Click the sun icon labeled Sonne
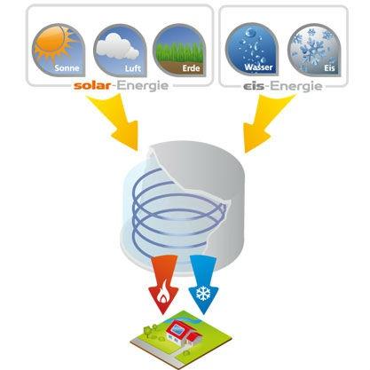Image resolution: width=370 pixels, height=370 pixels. tap(59, 50)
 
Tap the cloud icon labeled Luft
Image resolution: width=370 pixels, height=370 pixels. tap(120, 50)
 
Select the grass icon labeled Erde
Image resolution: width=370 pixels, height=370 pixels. tap(179, 50)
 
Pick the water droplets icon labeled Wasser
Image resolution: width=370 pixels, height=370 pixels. tap(252, 49)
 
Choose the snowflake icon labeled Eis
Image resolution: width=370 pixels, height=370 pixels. tap(314, 50)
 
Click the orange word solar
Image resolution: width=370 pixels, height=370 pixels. tap(92, 86)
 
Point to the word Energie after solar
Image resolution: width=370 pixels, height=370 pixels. tap(143, 86)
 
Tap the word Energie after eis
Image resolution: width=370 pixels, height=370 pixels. tap(296, 87)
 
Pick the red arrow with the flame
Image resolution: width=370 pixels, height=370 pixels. tap(163, 284)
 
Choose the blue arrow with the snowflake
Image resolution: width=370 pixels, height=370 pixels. tap(203, 284)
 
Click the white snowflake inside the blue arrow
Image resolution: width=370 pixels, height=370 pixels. tap(203, 294)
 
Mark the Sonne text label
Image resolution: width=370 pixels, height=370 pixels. tap(67, 68)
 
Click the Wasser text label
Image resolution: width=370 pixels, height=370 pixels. tap(258, 67)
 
